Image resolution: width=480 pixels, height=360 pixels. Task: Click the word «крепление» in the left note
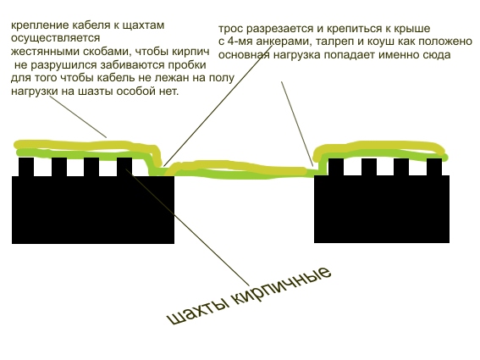(40, 25)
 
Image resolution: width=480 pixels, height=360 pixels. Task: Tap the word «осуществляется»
(55, 38)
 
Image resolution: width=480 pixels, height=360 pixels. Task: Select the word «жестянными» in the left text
(45, 52)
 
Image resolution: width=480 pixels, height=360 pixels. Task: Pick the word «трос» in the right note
(231, 29)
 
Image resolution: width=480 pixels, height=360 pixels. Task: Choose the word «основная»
(244, 55)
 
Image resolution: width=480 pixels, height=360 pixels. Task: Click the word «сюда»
(436, 55)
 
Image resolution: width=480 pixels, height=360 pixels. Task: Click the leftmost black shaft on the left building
(26, 167)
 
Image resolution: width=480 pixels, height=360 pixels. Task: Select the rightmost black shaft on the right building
(434, 167)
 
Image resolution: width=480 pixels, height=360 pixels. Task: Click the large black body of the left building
(93, 210)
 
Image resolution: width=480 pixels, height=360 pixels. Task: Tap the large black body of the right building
(382, 209)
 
